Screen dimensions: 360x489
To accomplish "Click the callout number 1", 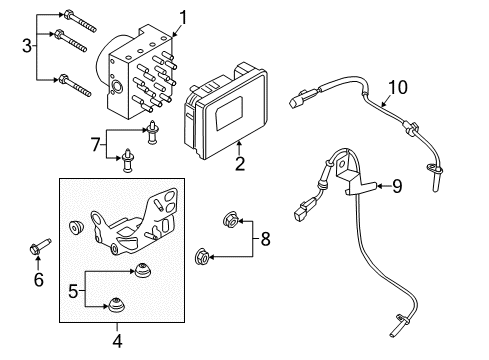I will click(x=183, y=15).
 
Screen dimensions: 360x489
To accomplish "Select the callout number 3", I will click(x=27, y=44).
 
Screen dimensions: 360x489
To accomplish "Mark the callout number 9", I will click(x=396, y=184).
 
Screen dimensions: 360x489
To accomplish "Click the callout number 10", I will click(x=398, y=89).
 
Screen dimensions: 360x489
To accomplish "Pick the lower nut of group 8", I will click(x=201, y=256).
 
